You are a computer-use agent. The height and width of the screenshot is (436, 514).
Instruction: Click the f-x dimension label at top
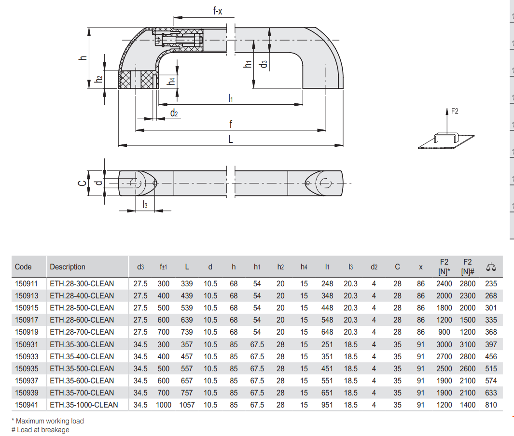(x=218, y=11)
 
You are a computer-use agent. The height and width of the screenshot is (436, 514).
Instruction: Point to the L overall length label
(x=230, y=140)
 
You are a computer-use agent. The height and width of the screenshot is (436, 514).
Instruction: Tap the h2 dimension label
(x=98, y=79)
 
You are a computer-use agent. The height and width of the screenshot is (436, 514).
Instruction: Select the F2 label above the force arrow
(x=455, y=111)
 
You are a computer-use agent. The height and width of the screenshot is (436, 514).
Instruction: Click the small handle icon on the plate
(x=446, y=138)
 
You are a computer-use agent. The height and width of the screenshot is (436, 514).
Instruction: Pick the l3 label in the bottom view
(x=145, y=205)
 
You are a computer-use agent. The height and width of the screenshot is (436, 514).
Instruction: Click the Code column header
(x=23, y=267)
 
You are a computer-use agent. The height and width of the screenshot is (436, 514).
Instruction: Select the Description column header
(x=68, y=267)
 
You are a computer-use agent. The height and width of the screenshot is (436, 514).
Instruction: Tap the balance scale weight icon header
(x=491, y=267)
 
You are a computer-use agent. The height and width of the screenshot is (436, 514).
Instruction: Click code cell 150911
(x=27, y=283)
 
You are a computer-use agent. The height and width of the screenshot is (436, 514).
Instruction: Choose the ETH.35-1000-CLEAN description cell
(x=84, y=405)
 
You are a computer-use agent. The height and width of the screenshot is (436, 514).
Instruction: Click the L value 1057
(x=187, y=405)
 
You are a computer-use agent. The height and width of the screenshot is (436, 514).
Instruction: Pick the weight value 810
(x=491, y=405)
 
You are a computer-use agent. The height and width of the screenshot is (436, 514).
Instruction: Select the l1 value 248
(x=327, y=283)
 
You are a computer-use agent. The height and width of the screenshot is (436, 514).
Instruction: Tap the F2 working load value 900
(x=444, y=332)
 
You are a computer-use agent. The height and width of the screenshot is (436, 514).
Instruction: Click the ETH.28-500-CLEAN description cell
(x=82, y=308)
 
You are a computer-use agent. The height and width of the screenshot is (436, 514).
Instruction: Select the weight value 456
(x=491, y=356)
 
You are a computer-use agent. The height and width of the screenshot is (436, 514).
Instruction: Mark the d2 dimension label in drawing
(x=174, y=113)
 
